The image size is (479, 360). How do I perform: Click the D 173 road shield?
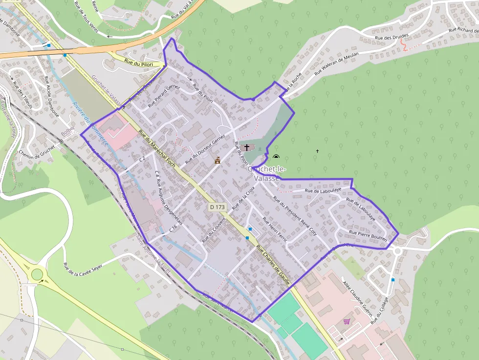point(218,207)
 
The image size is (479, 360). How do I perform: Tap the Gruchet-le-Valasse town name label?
point(266,173)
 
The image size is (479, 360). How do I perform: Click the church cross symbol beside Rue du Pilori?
point(247,147)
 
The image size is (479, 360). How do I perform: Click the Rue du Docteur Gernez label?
point(205,149)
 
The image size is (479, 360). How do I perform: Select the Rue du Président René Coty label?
point(295,215)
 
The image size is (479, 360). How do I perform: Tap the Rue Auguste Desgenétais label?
point(169,202)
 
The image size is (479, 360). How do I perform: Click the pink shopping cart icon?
point(347,321)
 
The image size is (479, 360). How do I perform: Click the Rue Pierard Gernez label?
point(164,95)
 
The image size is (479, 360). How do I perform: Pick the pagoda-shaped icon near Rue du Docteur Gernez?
point(218,160)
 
